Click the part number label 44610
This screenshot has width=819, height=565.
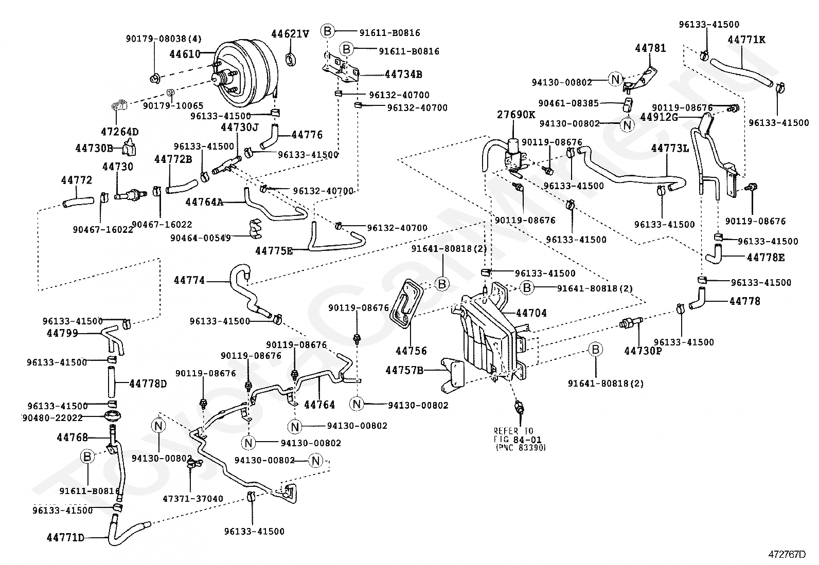tap(185, 53)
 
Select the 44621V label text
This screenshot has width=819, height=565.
tap(290, 34)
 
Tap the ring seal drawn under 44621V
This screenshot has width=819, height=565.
tap(292, 59)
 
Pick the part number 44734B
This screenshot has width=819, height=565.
tap(403, 75)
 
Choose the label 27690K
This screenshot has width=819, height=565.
tap(516, 115)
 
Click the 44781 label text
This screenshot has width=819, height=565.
tap(650, 49)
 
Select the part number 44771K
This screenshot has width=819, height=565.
tap(746, 40)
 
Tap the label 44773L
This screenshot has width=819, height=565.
tap(670, 149)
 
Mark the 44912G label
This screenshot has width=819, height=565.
tap(659, 117)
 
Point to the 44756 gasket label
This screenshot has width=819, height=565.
tap(411, 351)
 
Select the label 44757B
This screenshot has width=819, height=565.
tap(404, 370)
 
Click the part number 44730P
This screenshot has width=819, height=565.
tap(643, 351)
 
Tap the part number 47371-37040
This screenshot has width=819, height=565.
tap(193, 499)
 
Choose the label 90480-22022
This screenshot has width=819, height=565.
tap(52, 417)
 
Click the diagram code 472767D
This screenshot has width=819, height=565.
tap(787, 554)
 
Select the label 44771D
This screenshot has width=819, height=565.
tap(65, 538)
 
